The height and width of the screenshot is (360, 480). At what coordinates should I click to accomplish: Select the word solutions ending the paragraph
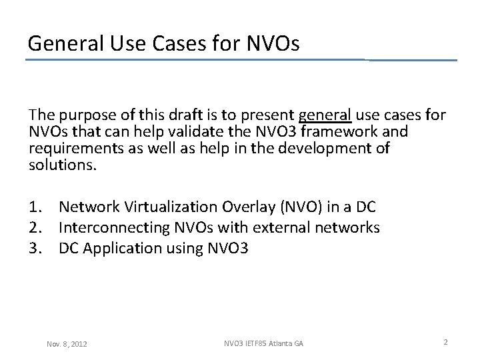coord(63,163)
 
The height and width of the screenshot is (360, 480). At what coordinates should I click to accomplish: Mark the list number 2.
coord(37,228)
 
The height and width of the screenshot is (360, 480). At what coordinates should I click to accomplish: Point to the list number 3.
coord(37,248)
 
